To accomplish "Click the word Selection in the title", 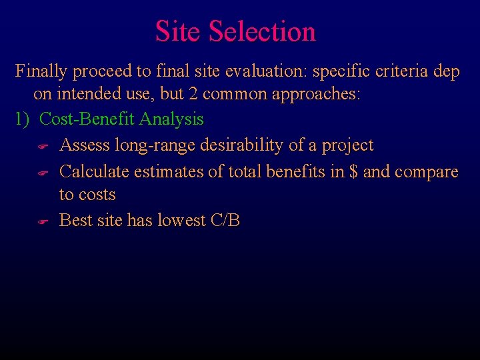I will [x=262, y=31].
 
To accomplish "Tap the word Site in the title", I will [x=178, y=31].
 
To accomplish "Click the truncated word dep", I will [x=447, y=71].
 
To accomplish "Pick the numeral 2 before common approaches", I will [x=193, y=95].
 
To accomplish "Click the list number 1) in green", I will [x=23, y=119].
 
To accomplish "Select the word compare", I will [x=426, y=172].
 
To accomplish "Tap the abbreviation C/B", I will [x=225, y=220].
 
